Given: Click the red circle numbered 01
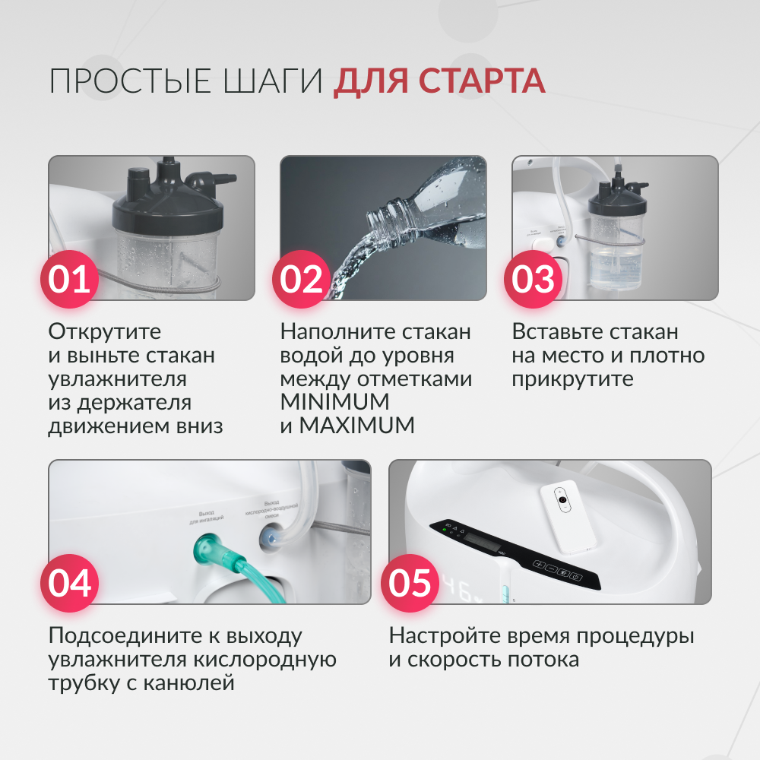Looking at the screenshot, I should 70,279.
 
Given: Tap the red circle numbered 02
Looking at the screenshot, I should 302,279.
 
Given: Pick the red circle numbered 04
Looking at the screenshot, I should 70,583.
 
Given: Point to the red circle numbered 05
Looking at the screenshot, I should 410,583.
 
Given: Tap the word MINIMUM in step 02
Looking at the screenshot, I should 334,401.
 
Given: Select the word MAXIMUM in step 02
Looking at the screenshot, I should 357,425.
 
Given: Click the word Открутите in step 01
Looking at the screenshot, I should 105,332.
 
